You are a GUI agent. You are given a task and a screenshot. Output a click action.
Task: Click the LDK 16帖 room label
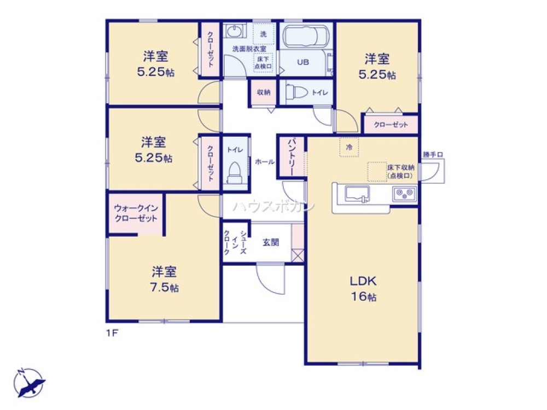[363, 289]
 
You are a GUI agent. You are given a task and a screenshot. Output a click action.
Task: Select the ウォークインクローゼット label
[136, 213]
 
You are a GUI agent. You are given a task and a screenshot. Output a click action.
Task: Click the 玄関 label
[271, 242]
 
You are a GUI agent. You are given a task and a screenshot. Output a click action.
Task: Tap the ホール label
[265, 162]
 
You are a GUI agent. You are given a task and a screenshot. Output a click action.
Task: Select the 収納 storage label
[264, 92]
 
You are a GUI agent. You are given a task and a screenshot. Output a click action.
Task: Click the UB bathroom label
[302, 62]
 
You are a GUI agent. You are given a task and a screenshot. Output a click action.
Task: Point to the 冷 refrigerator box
[349, 147]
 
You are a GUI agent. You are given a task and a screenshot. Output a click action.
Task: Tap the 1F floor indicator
[112, 331]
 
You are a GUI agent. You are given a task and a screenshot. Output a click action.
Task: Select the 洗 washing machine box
[264, 34]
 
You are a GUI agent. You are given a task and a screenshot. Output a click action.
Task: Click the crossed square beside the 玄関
[298, 255]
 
